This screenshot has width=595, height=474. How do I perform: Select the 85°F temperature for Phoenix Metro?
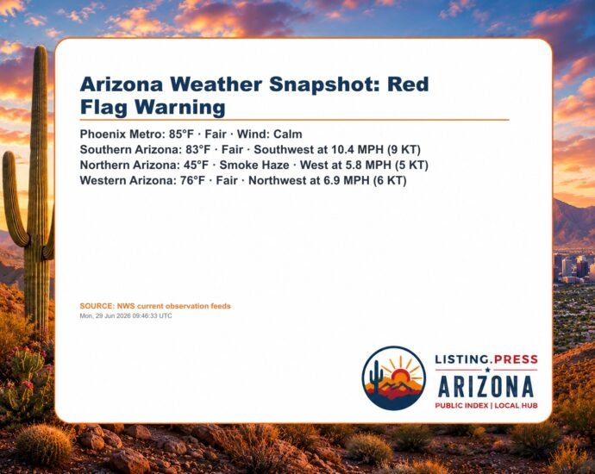coord(181,134)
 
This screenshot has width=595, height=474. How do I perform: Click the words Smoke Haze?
coord(254,165)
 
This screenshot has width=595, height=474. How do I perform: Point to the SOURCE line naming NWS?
coord(155,306)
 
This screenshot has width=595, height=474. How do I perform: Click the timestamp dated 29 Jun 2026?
coord(126,316)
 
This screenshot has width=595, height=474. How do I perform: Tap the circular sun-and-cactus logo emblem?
coord(394,378)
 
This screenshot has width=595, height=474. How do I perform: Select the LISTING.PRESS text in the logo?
coord(486,359)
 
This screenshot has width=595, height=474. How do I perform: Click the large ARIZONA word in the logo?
coord(486,387)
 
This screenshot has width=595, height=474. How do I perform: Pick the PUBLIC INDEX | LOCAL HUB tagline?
coord(486,405)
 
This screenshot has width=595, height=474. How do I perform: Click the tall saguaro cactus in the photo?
coord(38,190)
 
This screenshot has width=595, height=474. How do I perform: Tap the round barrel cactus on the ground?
coord(44,445)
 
